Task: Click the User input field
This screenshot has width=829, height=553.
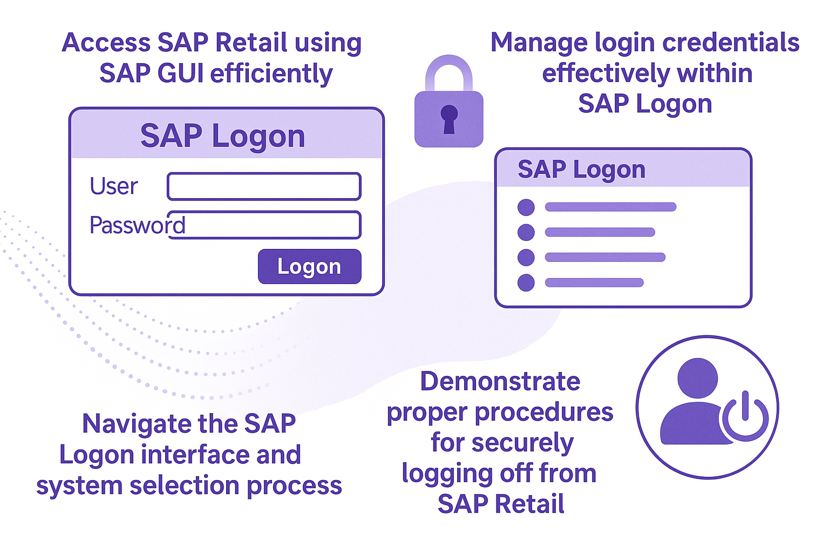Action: point(264,186)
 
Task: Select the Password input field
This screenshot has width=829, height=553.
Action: point(264,225)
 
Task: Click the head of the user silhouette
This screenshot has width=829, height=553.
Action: point(698,378)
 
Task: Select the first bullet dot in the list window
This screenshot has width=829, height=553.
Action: point(526,207)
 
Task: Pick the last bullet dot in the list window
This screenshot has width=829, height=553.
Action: point(526,283)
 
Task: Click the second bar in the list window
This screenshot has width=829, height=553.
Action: point(600,232)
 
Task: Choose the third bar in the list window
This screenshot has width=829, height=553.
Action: point(605,257)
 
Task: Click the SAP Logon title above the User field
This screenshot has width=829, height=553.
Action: point(223,137)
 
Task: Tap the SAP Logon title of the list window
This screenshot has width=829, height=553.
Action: point(581,170)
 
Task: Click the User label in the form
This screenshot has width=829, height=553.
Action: point(114,186)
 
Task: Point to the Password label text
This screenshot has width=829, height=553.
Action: point(137,225)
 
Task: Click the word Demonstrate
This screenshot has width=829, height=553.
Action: point(500,381)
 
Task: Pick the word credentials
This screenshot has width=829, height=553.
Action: point(731,43)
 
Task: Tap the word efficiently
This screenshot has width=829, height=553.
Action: point(271,73)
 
